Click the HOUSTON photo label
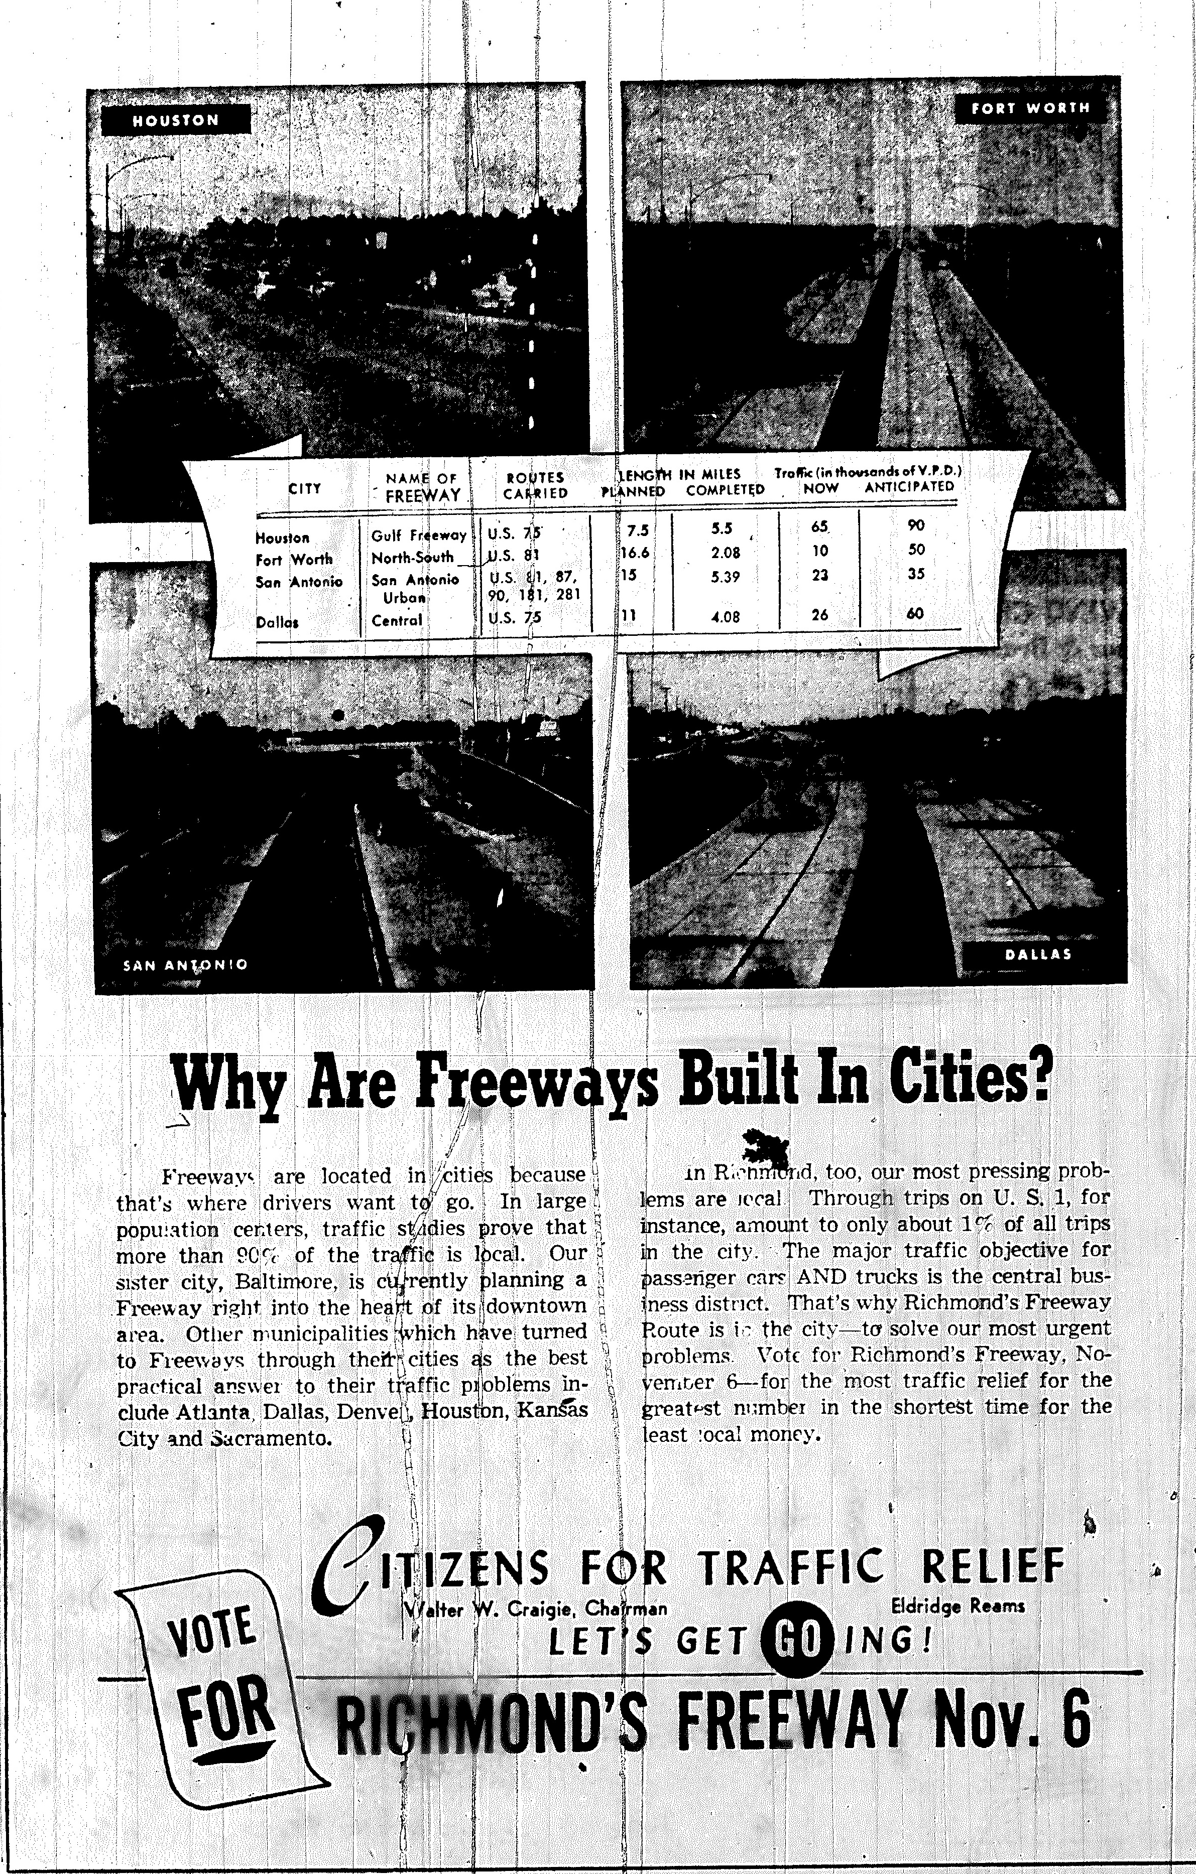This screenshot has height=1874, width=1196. point(176,120)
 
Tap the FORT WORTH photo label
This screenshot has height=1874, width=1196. point(1030,108)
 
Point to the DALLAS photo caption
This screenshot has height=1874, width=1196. point(1039,954)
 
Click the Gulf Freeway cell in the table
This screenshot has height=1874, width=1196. point(418,536)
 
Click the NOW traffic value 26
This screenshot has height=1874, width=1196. point(819,615)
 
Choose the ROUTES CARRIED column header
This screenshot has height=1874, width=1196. point(535,486)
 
